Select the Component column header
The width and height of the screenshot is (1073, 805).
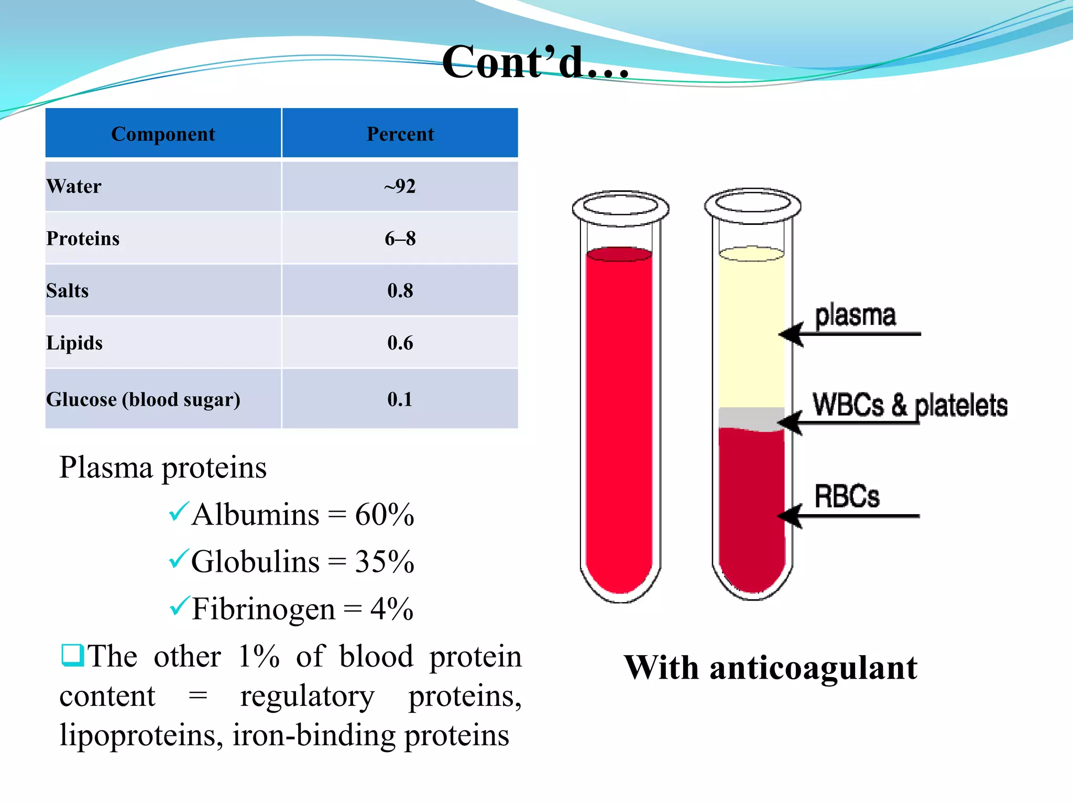click(x=163, y=134)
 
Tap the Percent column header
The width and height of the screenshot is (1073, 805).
click(x=400, y=134)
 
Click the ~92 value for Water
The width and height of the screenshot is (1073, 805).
click(x=400, y=187)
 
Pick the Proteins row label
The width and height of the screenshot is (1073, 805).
click(x=83, y=238)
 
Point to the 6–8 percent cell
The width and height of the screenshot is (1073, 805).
click(x=400, y=238)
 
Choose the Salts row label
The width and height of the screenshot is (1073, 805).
click(x=68, y=291)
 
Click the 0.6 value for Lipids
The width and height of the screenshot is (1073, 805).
click(x=400, y=343)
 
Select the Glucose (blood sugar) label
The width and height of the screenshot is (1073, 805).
click(x=143, y=399)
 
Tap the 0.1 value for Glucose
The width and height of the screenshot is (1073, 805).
click(x=400, y=399)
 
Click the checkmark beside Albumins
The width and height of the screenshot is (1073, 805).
click(x=179, y=512)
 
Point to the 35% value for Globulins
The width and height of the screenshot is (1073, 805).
click(x=385, y=562)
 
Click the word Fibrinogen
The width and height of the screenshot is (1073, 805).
click(x=263, y=609)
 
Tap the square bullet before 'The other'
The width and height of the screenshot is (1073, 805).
click(x=72, y=655)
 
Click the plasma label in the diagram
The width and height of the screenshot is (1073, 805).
click(x=855, y=316)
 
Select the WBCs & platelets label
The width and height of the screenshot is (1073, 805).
click(x=910, y=405)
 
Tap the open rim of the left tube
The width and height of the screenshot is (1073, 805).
click(x=620, y=205)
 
